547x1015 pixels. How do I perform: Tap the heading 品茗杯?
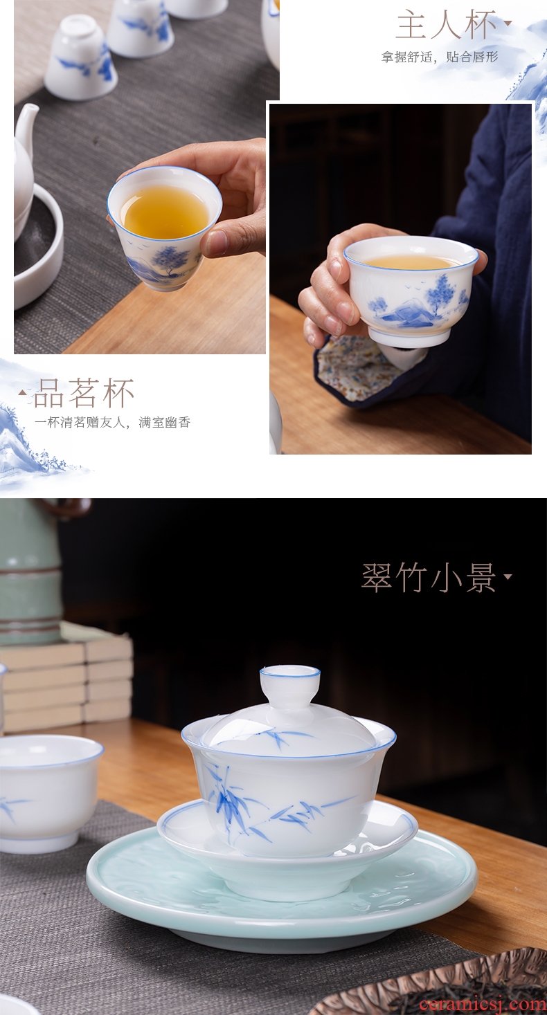84,393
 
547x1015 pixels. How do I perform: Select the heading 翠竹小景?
429,577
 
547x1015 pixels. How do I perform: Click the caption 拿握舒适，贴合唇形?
440,57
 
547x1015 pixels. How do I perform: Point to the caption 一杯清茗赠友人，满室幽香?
112,422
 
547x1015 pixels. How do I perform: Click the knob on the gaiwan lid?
290,685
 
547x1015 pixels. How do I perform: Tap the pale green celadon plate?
282,894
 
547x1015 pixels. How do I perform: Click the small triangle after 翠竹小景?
508,576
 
